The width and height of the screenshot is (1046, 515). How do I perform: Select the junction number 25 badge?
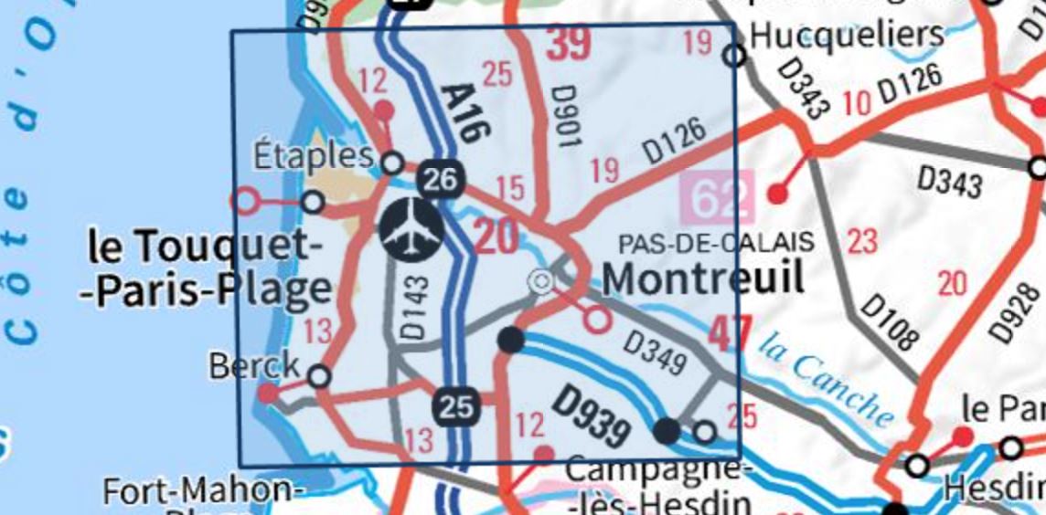click(x=455, y=406)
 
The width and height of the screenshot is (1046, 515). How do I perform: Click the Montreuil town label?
click(x=703, y=277)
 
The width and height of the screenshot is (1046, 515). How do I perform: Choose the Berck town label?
click(x=253, y=365)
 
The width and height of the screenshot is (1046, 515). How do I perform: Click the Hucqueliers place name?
click(x=846, y=35)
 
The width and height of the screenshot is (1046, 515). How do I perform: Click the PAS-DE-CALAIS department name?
click(x=716, y=243)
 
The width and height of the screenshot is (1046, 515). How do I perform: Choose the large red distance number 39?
click(x=569, y=43)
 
